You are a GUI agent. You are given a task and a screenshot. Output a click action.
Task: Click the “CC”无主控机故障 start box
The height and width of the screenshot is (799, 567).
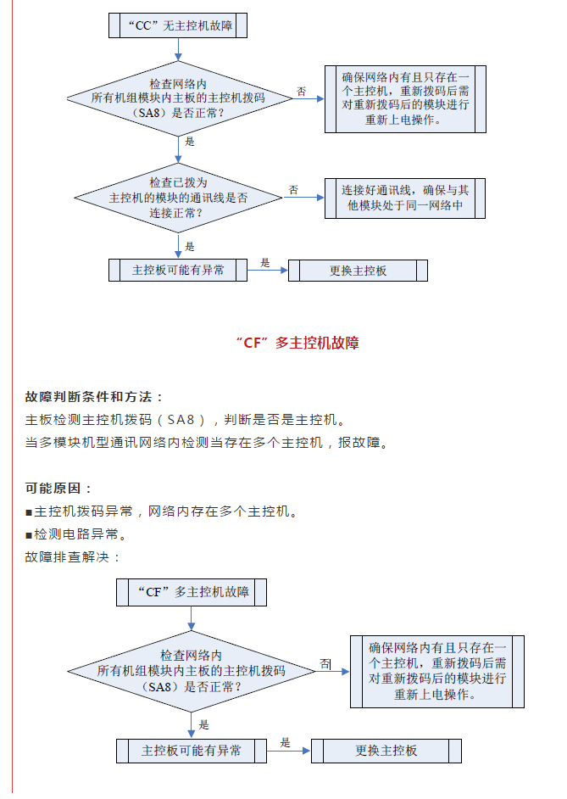click(178, 25)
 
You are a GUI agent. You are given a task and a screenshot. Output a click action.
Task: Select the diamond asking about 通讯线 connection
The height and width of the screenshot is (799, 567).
click(178, 198)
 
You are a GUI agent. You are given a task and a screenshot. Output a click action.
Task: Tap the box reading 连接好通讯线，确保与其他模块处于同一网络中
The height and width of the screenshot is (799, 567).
click(405, 198)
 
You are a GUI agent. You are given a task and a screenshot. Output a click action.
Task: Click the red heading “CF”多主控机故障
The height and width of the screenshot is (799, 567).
click(297, 343)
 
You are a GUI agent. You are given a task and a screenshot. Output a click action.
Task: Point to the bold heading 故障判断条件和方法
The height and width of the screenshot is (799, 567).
click(94, 397)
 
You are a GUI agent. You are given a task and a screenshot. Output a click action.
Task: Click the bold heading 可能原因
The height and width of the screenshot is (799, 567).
click(58, 489)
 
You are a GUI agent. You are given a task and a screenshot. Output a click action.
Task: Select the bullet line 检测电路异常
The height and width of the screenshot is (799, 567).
click(76, 534)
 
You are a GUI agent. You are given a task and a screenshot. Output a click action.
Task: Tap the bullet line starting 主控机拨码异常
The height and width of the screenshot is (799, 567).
click(162, 511)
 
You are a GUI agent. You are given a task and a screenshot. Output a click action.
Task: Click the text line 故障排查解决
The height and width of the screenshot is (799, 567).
click(72, 557)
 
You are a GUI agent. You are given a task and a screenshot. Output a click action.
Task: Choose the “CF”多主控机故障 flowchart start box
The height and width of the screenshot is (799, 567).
click(192, 592)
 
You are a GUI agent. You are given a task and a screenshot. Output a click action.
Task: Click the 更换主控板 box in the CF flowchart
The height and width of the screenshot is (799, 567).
click(386, 751)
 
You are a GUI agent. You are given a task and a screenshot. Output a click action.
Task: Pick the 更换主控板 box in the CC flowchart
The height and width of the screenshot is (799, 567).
click(358, 271)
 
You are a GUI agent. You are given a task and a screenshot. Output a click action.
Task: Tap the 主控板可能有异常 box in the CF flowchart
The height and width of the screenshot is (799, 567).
click(192, 751)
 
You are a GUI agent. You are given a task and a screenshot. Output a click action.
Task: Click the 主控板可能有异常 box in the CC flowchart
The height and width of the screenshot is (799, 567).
click(178, 270)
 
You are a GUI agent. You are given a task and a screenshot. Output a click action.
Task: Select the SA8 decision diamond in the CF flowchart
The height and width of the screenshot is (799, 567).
click(192, 672)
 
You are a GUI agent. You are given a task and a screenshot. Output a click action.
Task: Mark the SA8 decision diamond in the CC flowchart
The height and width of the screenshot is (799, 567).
click(179, 99)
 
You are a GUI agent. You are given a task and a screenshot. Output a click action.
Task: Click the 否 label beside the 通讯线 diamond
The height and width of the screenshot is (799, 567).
click(294, 190)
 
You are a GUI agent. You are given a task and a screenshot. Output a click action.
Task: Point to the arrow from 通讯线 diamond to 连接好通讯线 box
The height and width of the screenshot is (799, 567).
click(304, 198)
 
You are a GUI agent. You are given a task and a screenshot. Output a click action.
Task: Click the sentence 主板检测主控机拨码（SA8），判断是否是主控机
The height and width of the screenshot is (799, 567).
click(186, 420)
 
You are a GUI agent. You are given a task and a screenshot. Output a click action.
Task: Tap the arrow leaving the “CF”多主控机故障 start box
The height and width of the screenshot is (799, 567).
click(192, 618)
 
